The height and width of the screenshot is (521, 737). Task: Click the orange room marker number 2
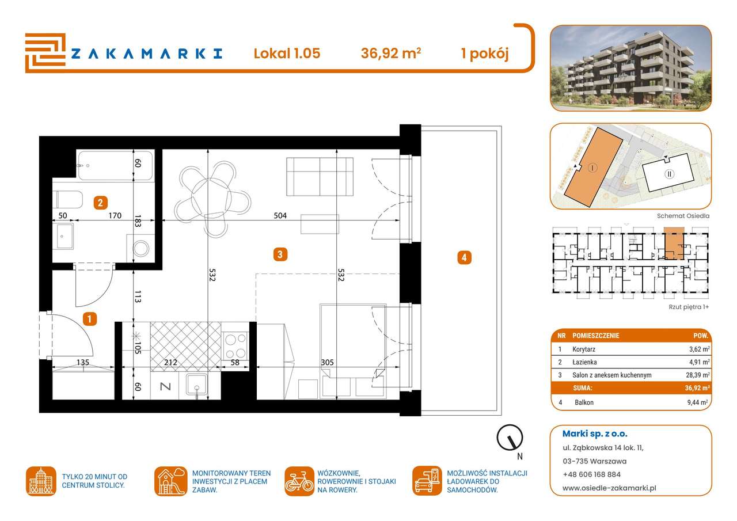[x=100, y=202]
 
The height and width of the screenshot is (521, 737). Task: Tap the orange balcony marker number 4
[x=464, y=257]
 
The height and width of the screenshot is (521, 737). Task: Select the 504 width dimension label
[x=280, y=215]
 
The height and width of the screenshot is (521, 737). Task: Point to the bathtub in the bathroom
[x=116, y=165]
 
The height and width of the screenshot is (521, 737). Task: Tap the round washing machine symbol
[x=140, y=248]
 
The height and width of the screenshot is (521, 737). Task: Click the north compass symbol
[x=510, y=438]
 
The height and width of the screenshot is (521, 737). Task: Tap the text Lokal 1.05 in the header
[x=287, y=54]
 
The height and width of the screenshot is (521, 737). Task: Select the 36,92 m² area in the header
[x=390, y=54]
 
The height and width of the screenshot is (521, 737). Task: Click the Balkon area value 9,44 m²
[x=698, y=402]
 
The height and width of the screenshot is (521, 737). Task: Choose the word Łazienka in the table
[x=586, y=362]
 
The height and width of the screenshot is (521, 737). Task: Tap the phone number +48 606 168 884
[x=592, y=474]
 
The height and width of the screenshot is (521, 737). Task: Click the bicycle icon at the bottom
[x=299, y=481]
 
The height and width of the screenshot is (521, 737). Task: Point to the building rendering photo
[x=630, y=68]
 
